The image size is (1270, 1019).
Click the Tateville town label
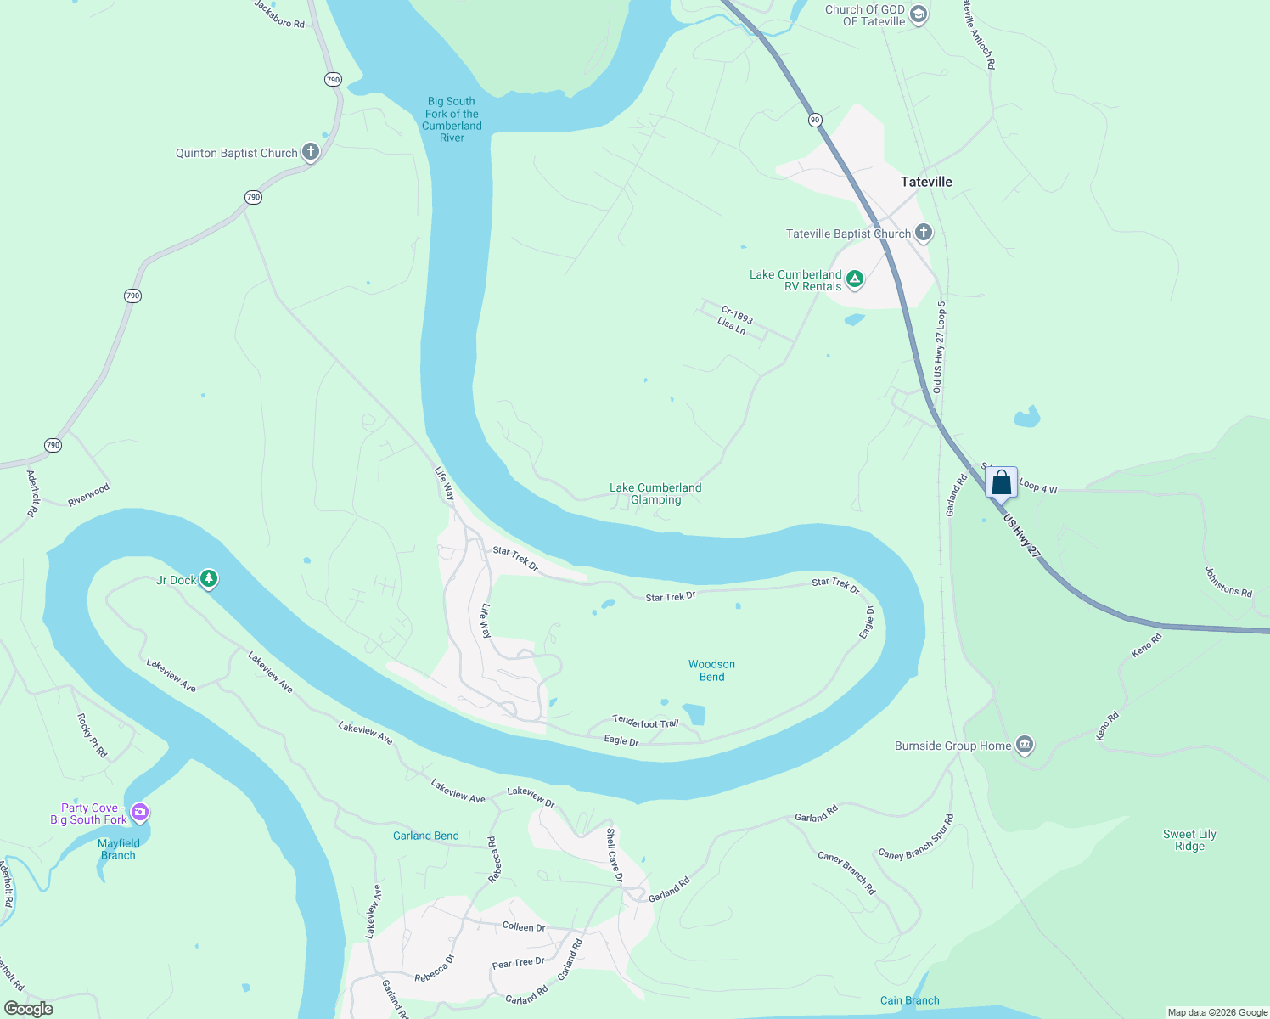(926, 182)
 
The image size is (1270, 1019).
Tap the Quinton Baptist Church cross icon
(311, 152)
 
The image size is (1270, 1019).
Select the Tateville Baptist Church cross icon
(923, 232)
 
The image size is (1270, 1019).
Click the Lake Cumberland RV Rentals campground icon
(855, 279)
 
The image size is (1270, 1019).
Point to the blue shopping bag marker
(1002, 482)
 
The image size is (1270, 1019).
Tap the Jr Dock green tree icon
(209, 579)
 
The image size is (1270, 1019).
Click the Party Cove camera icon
(140, 813)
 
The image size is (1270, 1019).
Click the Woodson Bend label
(711, 670)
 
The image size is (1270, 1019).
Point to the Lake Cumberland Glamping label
(655, 493)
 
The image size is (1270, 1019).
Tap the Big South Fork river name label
(452, 119)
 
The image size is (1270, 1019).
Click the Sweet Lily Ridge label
(1189, 840)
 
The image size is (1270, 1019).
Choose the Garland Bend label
(425, 836)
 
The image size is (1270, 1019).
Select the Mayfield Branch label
(118, 849)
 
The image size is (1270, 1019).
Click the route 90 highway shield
(815, 120)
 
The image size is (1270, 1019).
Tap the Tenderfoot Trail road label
(645, 722)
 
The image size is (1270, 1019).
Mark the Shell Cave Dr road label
(614, 855)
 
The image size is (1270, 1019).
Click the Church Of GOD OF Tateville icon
(918, 14)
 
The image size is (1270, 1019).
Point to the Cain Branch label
(909, 1000)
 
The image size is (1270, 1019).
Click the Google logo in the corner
(28, 1009)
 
